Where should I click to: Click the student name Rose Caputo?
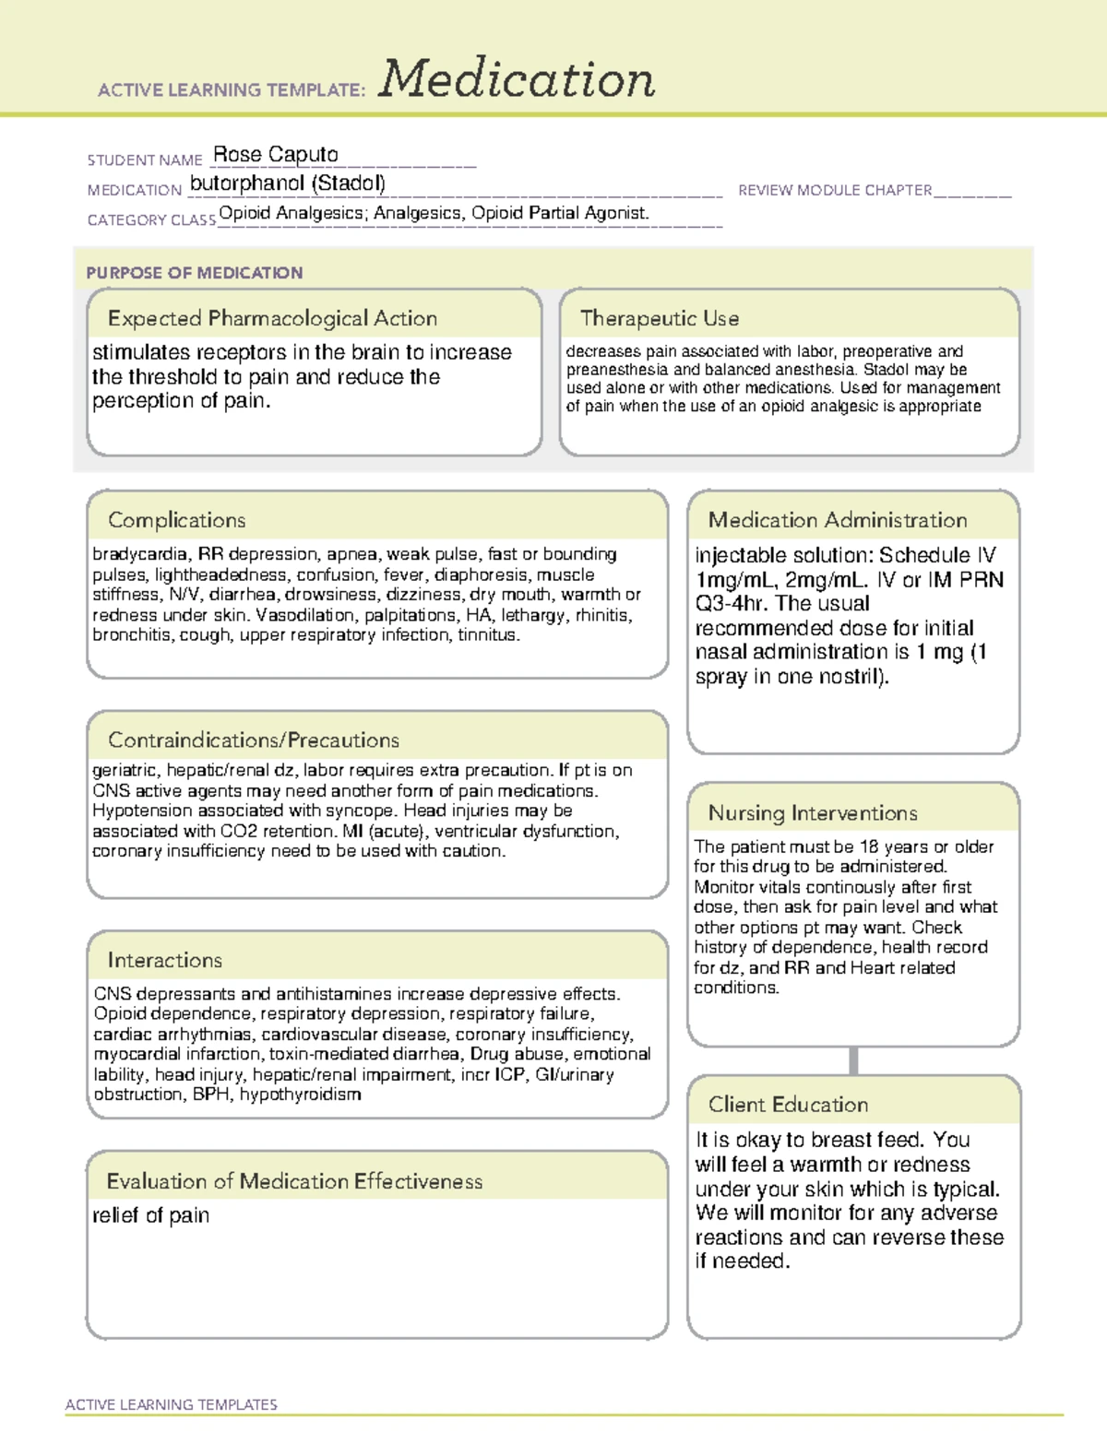tap(275, 155)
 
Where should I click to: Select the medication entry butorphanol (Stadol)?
tap(287, 183)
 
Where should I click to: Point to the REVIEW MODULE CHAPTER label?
tap(834, 190)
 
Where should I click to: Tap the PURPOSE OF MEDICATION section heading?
tap(194, 273)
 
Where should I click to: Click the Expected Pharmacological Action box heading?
tap(272, 318)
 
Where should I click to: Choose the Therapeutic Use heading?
tap(659, 318)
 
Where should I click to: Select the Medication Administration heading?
tap(837, 520)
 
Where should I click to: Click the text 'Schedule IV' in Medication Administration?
tap(937, 555)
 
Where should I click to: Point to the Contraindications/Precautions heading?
tap(253, 740)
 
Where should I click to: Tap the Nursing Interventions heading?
tap(812, 813)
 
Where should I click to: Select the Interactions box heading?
tap(164, 961)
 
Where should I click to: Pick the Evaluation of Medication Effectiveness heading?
tap(294, 1181)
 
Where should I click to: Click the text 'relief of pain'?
tap(150, 1215)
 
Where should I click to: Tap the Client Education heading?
tap(788, 1105)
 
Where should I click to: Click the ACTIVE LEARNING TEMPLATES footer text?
tap(171, 1404)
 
